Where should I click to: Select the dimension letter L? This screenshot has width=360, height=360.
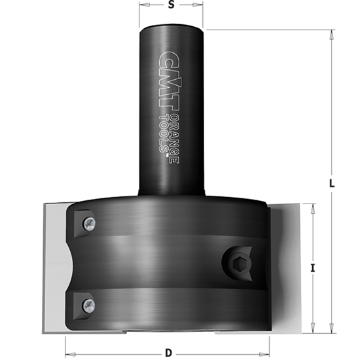[332, 184]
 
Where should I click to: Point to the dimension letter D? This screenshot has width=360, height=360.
[168, 353]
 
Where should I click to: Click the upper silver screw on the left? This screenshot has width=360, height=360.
[87, 224]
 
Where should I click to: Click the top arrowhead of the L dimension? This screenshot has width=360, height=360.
[332, 33]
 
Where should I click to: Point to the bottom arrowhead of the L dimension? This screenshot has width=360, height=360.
[332, 328]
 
